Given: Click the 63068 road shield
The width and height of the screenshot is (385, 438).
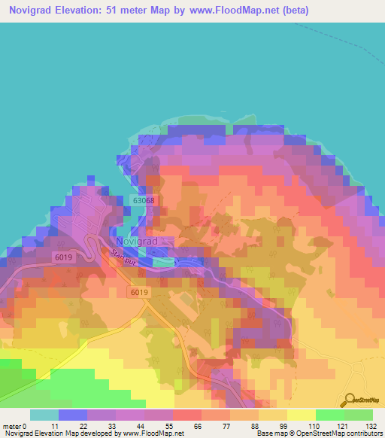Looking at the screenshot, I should pos(143,201).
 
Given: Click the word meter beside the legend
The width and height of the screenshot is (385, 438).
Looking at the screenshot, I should pos(12,425).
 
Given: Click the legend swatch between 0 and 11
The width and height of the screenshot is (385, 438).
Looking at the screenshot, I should pos(44,415).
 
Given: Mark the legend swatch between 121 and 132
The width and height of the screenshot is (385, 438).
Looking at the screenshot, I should pos(358,415).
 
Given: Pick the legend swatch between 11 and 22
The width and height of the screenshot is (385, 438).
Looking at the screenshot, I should pos(72,415).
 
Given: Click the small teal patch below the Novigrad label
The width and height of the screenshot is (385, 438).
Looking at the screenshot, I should pos(162,262).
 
